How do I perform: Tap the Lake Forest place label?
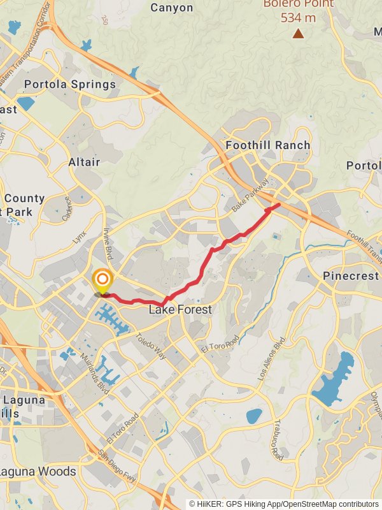click(180, 310)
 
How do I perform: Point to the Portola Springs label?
click(70, 84)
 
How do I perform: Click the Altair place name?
click(84, 162)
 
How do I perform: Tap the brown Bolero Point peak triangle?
click(298, 33)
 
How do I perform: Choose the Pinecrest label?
click(351, 276)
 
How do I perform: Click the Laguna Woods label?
click(38, 472)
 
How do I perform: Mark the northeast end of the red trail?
click(279, 205)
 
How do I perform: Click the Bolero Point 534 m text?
click(298, 11)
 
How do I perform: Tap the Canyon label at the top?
click(172, 8)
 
